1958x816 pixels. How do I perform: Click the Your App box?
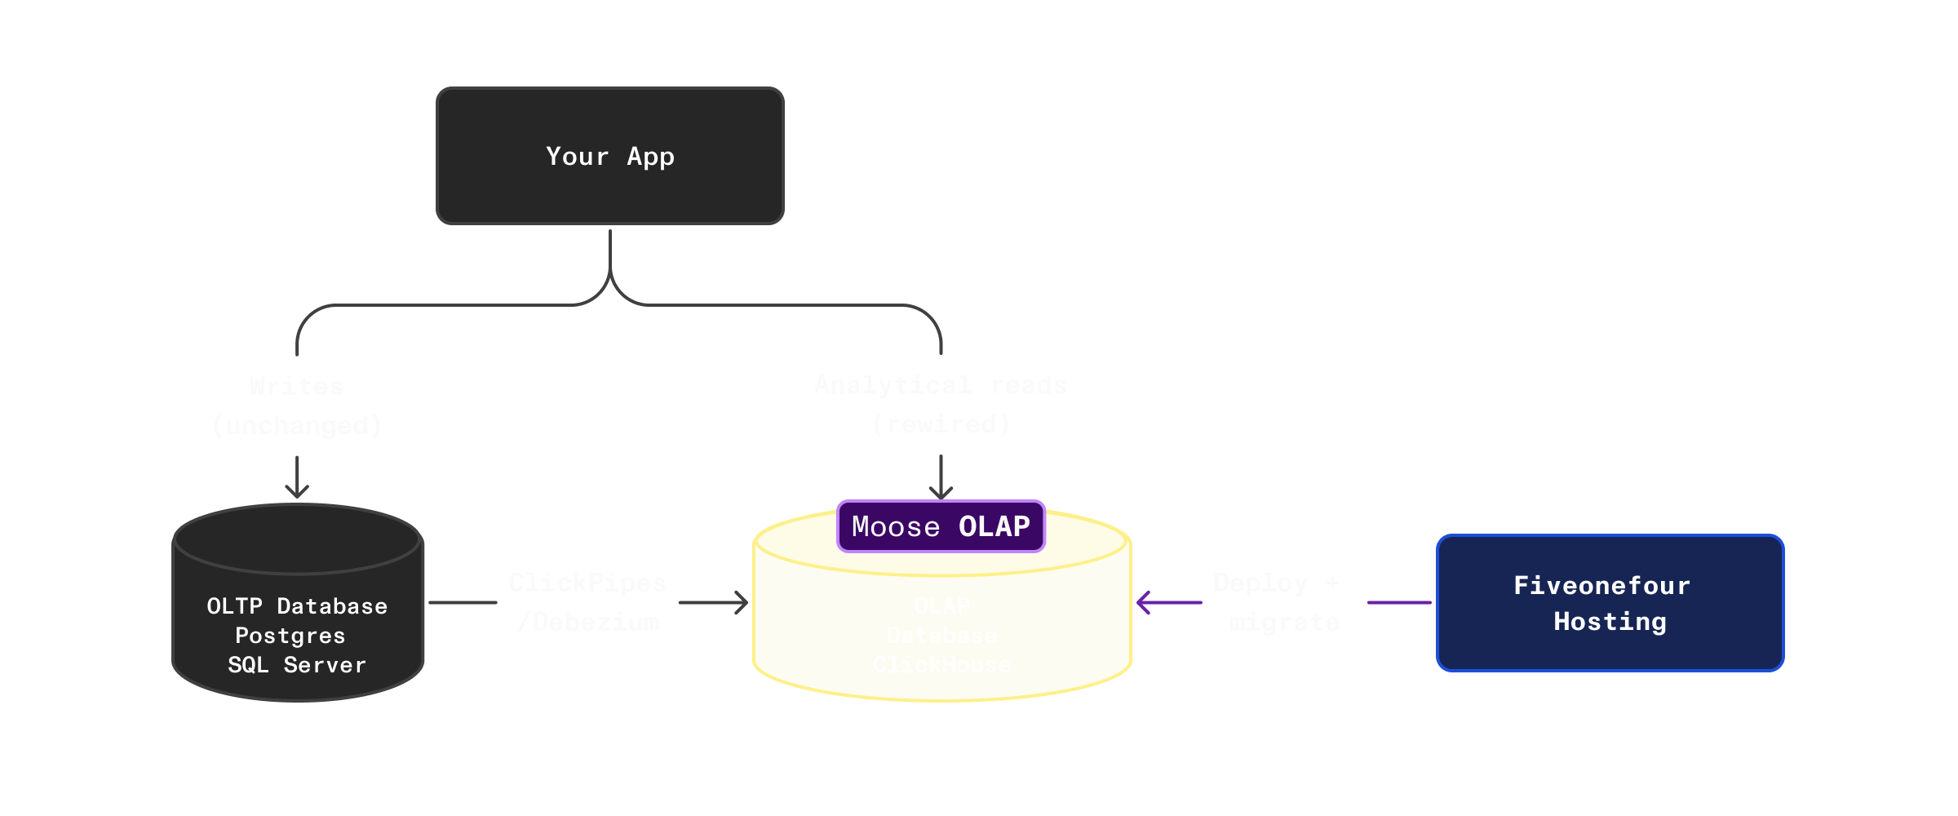pos(610,156)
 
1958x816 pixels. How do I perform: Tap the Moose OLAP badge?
pos(941,526)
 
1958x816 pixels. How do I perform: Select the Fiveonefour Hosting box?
pos(1610,603)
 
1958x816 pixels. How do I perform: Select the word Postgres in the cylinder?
pos(290,635)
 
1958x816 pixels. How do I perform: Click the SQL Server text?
pos(297,664)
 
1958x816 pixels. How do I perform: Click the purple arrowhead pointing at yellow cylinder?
pos(1142,603)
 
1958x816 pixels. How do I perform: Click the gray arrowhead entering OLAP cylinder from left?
pos(742,603)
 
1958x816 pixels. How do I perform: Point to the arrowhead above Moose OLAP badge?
pos(941,492)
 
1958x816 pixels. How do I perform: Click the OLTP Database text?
pos(297,605)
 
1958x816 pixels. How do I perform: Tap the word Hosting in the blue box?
pos(1610,621)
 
